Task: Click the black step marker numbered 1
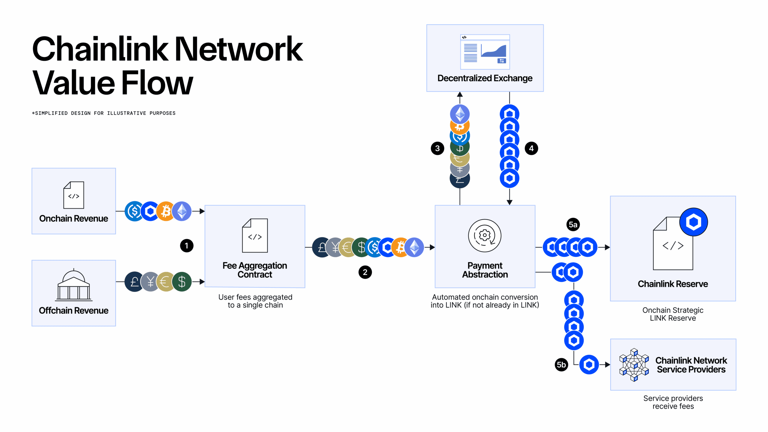tap(187, 246)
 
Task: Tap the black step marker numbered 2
tap(365, 272)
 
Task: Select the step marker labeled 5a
tap(573, 224)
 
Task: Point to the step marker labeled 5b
tap(561, 365)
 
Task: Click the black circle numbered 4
tap(531, 148)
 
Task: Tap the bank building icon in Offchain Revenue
tap(74, 285)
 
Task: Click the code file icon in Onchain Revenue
tap(74, 195)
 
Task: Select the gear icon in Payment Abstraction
tap(484, 235)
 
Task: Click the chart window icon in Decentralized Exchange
tap(485, 52)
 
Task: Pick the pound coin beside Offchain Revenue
tap(134, 282)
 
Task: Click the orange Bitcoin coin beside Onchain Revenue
tap(166, 211)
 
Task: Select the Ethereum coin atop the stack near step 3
tap(460, 113)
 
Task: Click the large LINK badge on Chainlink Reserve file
tap(693, 222)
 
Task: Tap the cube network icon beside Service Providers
tap(634, 365)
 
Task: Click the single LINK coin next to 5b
tap(589, 364)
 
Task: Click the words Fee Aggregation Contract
tap(255, 270)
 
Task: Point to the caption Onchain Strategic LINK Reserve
tap(673, 314)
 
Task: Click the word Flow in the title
tap(157, 83)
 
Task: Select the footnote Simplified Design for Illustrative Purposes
tap(104, 113)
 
